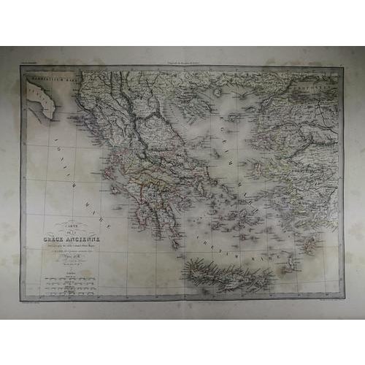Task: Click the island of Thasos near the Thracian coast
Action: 218,93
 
